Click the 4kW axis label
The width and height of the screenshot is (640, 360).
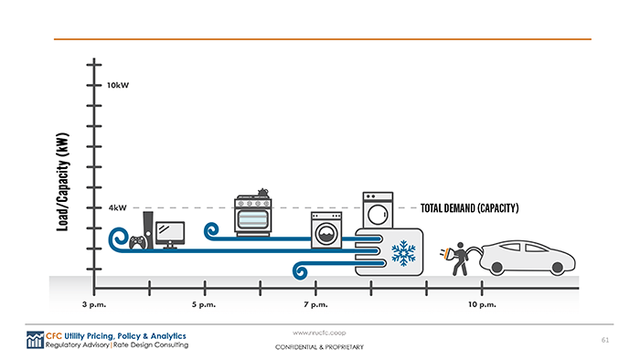(x=117, y=207)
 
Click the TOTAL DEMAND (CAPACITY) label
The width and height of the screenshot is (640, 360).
(x=470, y=208)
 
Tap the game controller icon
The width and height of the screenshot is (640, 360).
(x=137, y=242)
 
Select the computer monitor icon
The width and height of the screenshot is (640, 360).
(x=170, y=233)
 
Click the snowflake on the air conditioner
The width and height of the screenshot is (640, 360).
(x=402, y=253)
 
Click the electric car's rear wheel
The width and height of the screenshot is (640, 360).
(x=499, y=267)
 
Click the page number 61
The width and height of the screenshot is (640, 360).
(x=604, y=340)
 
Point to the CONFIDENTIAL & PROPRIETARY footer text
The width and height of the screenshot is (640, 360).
(x=319, y=348)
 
